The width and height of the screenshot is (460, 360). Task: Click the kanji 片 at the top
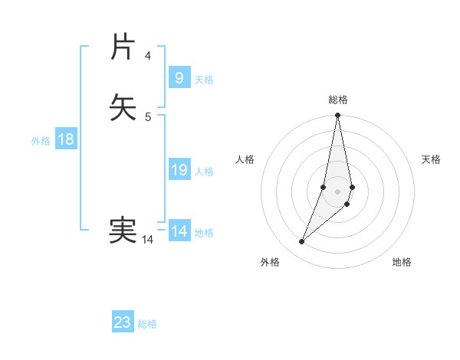[x=123, y=47]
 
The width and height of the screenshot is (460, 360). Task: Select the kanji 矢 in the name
[x=123, y=107]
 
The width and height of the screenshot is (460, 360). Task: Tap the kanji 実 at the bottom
[x=123, y=230]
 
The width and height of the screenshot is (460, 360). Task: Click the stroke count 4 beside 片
[x=147, y=56]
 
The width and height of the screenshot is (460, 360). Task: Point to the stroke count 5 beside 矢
[x=147, y=116]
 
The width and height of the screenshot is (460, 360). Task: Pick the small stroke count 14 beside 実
[x=147, y=240]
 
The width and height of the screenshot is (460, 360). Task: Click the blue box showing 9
[x=179, y=77]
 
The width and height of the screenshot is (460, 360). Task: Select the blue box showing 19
[x=179, y=169]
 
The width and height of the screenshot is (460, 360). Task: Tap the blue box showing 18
[x=66, y=139]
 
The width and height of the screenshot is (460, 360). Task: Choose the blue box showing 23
[x=123, y=322]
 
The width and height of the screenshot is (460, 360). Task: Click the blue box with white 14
[x=179, y=231]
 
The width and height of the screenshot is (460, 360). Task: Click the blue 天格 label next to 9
[x=204, y=80]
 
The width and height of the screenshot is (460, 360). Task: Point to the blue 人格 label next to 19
[x=204, y=172]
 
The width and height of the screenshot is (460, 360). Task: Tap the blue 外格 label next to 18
[x=41, y=141]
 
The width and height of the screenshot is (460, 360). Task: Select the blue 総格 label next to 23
[x=147, y=324]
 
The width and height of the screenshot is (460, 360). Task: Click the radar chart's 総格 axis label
[x=338, y=100]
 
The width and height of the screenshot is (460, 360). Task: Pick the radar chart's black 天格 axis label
[x=432, y=159]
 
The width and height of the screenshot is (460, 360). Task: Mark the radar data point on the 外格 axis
[x=301, y=242]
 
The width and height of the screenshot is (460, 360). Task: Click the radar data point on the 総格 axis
[x=338, y=116]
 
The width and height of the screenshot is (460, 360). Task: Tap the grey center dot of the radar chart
[x=338, y=191]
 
